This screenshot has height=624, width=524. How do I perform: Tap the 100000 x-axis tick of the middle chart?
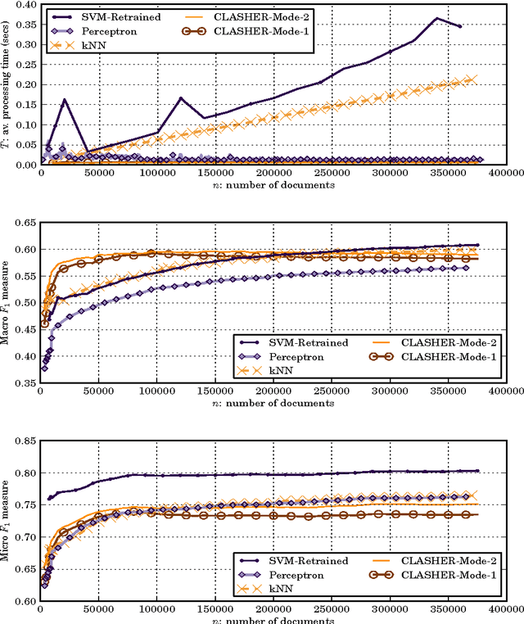[x=156, y=392]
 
